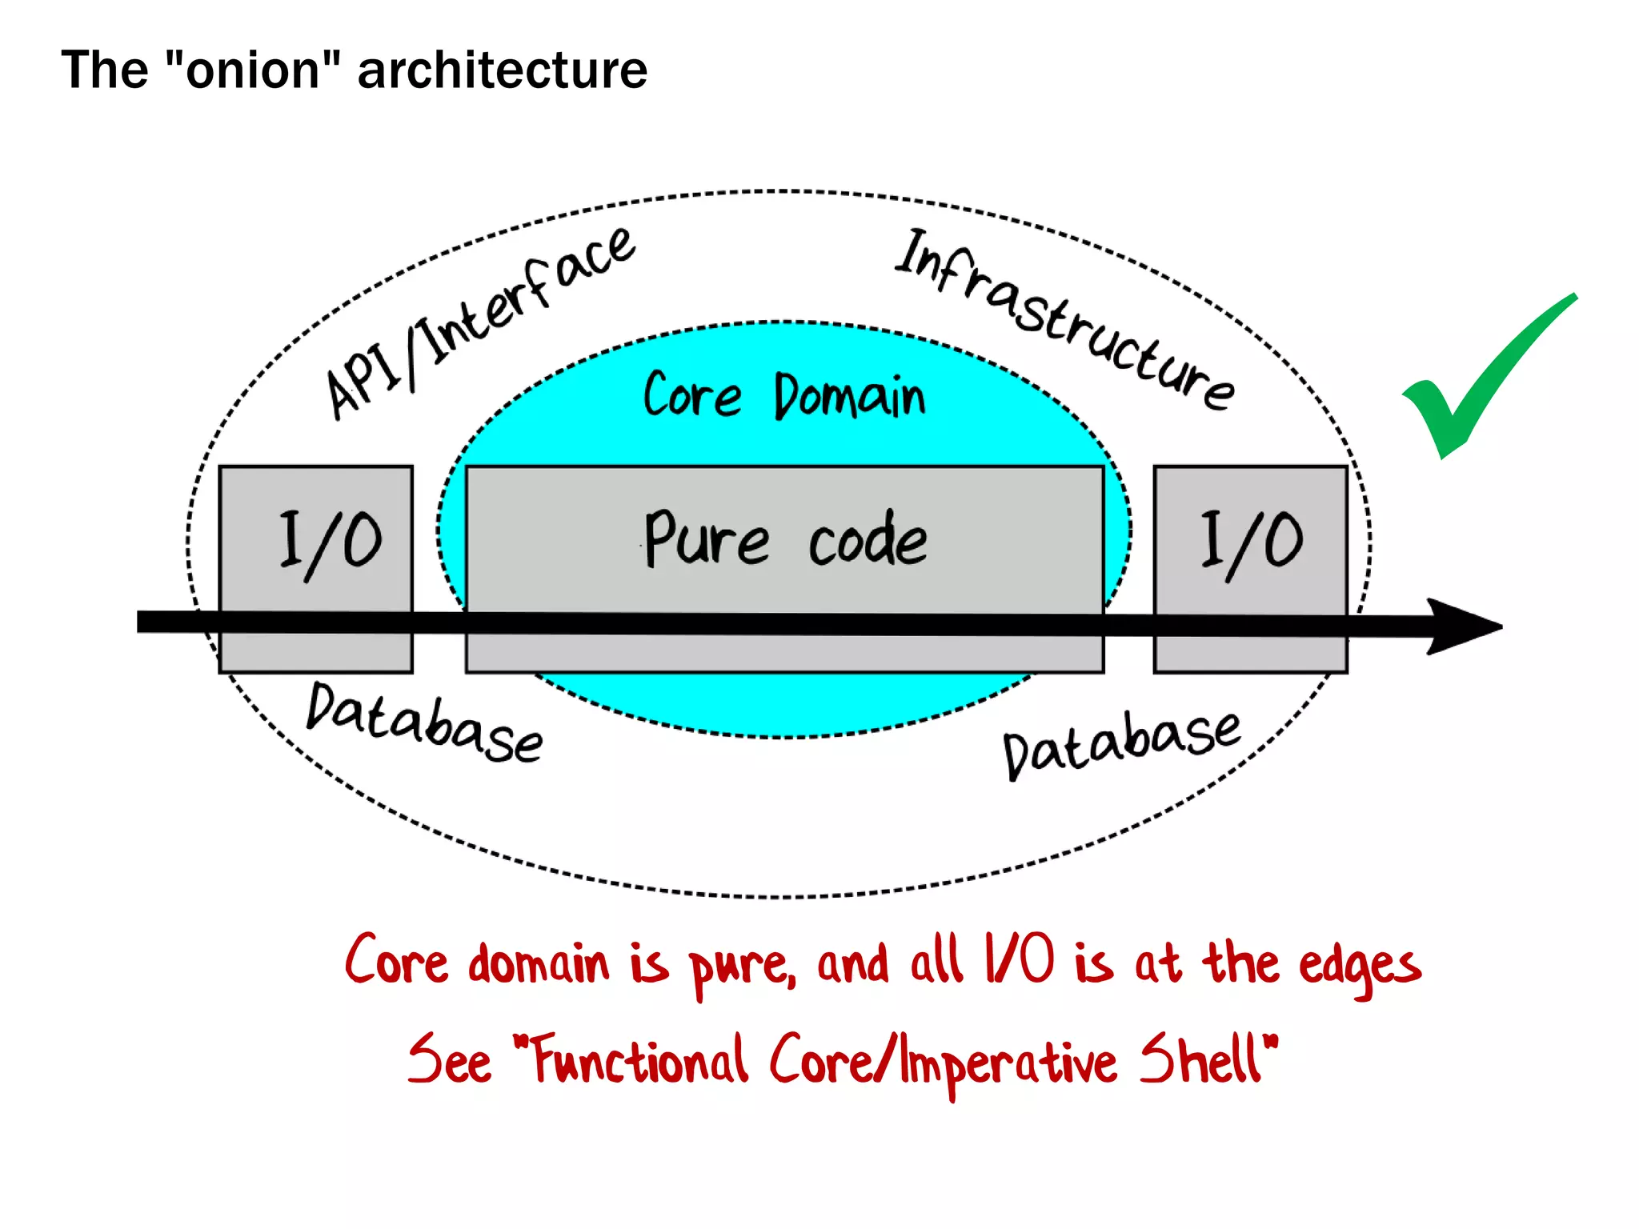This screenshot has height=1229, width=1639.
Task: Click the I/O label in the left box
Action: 330,542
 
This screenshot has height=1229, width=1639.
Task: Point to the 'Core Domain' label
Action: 784,395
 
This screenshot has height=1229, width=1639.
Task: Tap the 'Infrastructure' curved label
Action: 1064,320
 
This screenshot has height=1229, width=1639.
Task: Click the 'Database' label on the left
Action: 424,724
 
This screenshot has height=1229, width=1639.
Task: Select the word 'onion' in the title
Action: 252,70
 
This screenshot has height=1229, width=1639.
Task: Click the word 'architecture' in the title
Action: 502,70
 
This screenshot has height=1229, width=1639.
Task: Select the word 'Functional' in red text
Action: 640,1060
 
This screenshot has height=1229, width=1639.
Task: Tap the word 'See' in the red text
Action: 449,1060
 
